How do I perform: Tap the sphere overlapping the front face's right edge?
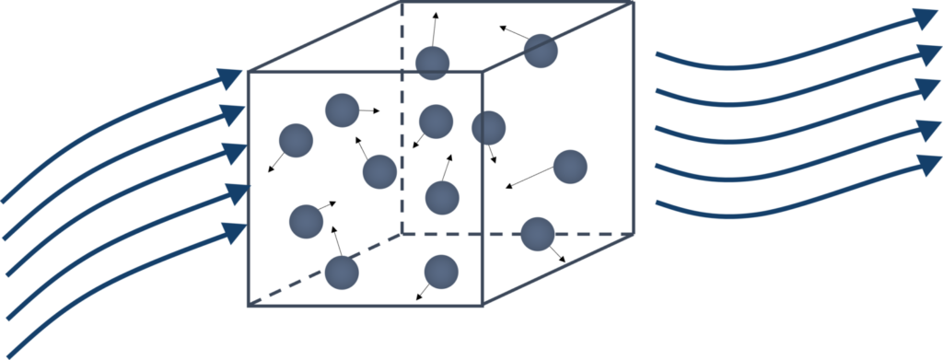488,128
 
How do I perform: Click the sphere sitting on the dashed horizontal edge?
537,233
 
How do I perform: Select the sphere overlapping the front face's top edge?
432,64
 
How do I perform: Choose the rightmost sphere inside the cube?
570,167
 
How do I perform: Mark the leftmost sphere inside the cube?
297,140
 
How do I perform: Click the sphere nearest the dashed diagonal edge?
342,271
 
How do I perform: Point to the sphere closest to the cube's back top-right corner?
541,51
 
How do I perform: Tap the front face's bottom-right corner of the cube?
484,306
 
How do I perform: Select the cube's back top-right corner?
634,3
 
